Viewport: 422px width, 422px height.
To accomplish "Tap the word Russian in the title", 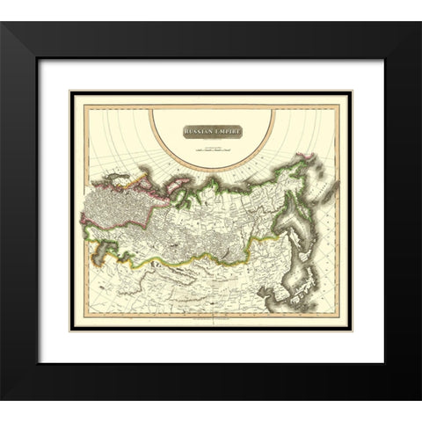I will pyautogui.click(x=200, y=132).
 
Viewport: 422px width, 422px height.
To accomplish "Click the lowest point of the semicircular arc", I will pyautogui.click(x=211, y=170).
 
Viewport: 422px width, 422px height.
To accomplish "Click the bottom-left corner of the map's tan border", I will pyautogui.click(x=71, y=330).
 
